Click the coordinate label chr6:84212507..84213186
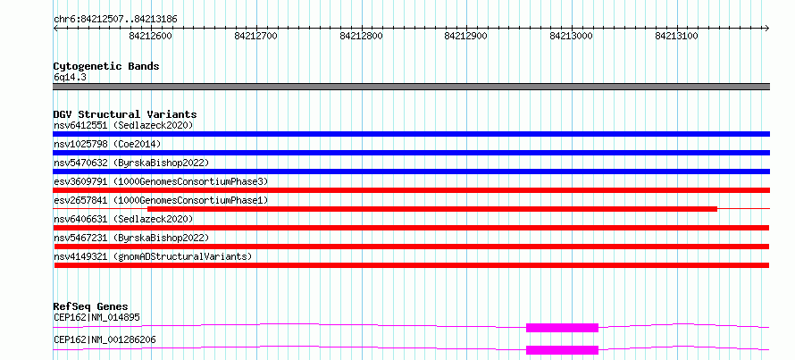click(x=115, y=19)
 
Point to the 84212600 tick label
click(x=151, y=36)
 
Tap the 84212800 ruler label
click(x=362, y=36)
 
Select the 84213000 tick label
click(x=572, y=36)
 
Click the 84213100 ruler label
click(x=677, y=36)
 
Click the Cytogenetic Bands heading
click(x=106, y=66)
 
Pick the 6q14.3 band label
click(x=70, y=78)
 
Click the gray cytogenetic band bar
click(x=411, y=87)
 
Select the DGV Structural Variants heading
click(x=125, y=114)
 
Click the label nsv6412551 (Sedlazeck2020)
click(x=123, y=125)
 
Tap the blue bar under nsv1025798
click(x=411, y=153)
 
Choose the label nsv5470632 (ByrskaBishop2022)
click(x=131, y=163)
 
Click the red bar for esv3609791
click(x=411, y=190)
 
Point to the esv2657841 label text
click(x=161, y=200)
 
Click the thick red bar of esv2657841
click(x=432, y=209)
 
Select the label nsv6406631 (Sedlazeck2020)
click(x=123, y=219)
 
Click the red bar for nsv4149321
click(x=412, y=265)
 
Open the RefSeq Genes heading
click(x=91, y=306)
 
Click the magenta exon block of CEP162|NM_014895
click(x=562, y=328)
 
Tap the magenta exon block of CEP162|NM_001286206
click(x=562, y=350)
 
